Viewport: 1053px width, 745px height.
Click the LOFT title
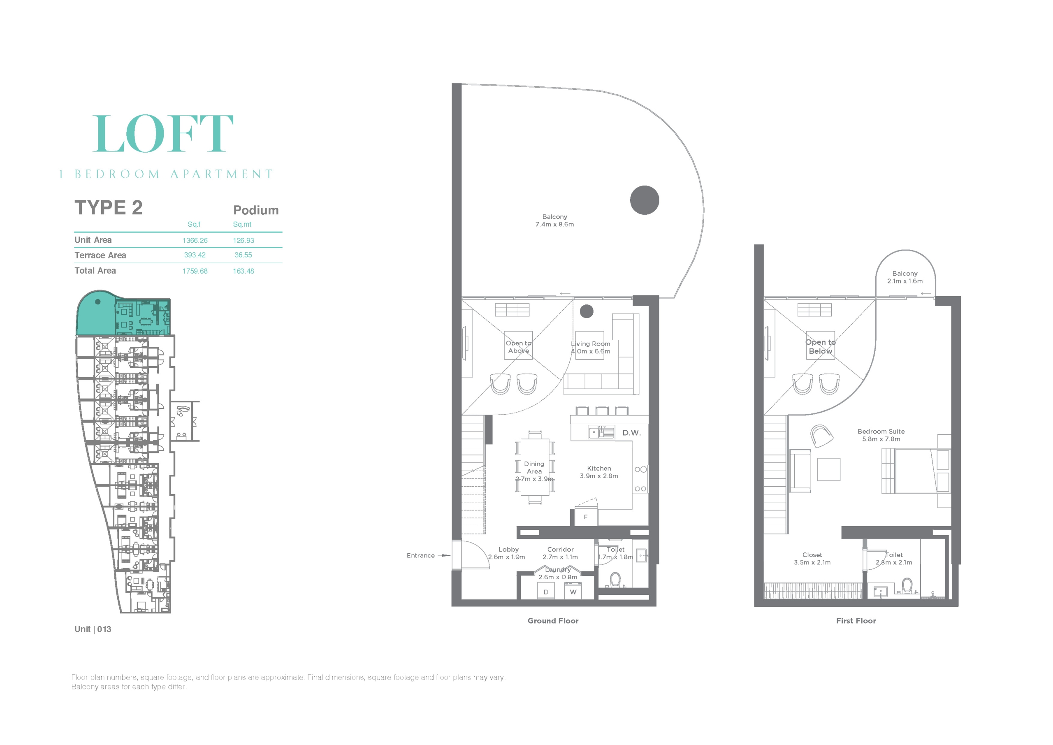click(x=163, y=134)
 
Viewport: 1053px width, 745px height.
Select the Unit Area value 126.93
click(x=243, y=240)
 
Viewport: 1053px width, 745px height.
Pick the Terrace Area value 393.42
click(x=195, y=255)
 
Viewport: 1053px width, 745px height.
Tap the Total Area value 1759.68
click(x=195, y=271)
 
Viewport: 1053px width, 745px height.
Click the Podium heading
click(x=256, y=210)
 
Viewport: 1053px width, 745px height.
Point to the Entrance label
click(x=420, y=555)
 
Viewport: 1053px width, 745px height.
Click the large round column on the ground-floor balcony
click(x=645, y=200)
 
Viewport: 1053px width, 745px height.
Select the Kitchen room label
click(x=599, y=469)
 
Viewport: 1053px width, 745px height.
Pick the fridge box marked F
click(x=586, y=517)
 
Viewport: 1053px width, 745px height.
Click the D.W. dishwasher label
click(x=631, y=433)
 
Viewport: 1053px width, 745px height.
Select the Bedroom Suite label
click(x=881, y=431)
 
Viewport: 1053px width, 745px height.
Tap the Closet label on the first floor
click(x=812, y=555)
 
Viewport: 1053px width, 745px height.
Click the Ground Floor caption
click(x=553, y=621)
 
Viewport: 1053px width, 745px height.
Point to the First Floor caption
click(x=856, y=621)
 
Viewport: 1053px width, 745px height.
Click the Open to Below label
click(x=821, y=346)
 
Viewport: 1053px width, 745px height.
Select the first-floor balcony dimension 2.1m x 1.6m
click(x=905, y=281)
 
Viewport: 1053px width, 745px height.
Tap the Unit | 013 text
click(x=93, y=629)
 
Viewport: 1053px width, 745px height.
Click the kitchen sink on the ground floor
click(x=601, y=432)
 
